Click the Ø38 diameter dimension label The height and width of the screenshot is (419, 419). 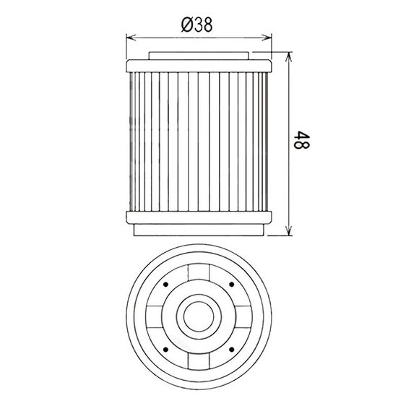point(197,25)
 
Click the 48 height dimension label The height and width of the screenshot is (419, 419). point(301,139)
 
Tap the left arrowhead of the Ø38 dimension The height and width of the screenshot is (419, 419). point(131,38)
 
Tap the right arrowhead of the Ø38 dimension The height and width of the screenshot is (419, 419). point(267,38)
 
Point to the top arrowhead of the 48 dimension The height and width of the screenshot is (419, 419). point(288,57)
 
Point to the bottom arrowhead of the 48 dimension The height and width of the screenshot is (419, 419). point(288,230)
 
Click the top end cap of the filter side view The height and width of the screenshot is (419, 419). point(199,66)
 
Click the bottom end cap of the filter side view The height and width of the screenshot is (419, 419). point(199,217)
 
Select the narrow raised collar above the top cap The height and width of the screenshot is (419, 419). point(199,56)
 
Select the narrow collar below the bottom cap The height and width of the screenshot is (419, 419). point(199,230)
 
